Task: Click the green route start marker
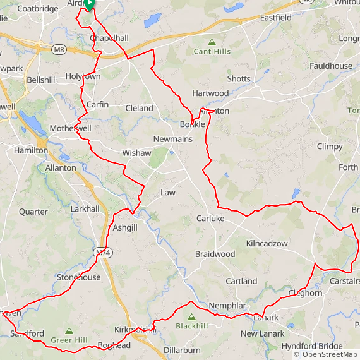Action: tap(89, 4)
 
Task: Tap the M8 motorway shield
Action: tap(59, 49)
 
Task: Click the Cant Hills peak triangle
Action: tap(212, 42)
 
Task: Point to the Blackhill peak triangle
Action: tap(191, 317)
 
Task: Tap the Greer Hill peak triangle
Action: tap(69, 331)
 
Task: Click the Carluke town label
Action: tap(210, 219)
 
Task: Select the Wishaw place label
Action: tap(137, 153)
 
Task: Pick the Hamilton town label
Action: tap(30, 151)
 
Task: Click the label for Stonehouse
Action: tap(78, 277)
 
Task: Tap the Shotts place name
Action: tap(239, 79)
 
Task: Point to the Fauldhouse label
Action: tap(331, 66)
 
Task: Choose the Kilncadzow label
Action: tap(267, 243)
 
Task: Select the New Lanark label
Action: tap(262, 333)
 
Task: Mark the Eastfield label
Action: tap(276, 18)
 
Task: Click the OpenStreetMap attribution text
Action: tap(325, 354)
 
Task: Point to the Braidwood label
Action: tap(215, 254)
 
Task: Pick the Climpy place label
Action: tap(330, 147)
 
